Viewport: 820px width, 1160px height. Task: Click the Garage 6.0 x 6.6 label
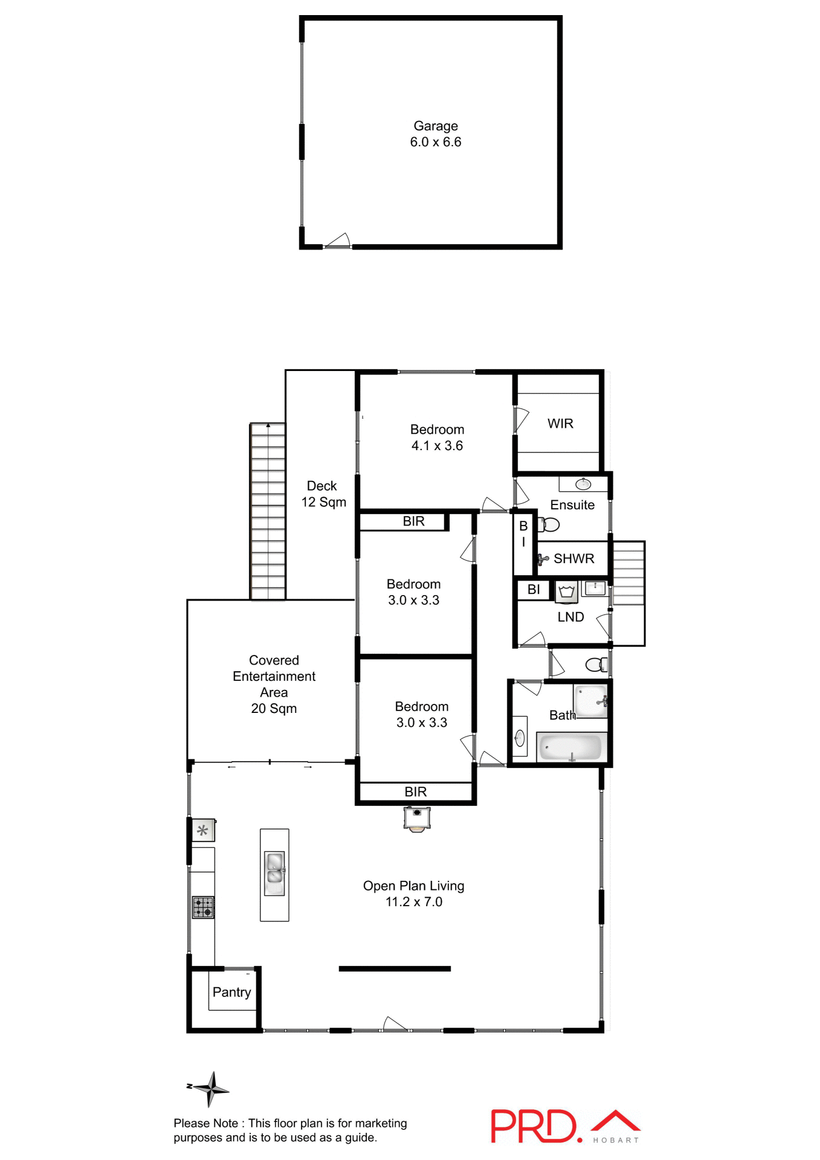click(435, 134)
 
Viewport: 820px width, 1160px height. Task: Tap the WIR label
click(560, 424)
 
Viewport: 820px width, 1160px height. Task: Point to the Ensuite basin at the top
click(583, 484)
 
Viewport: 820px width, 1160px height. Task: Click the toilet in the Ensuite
click(549, 524)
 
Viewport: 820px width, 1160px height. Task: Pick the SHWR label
click(573, 559)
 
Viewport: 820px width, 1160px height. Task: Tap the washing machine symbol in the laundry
click(566, 591)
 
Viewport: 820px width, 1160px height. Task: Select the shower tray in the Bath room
click(590, 701)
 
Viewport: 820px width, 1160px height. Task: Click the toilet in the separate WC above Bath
click(597, 665)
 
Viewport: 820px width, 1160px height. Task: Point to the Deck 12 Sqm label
click(323, 494)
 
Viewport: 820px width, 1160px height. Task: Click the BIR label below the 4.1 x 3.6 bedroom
click(413, 521)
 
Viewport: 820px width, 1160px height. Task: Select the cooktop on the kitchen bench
click(203, 907)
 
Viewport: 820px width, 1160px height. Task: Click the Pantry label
click(231, 992)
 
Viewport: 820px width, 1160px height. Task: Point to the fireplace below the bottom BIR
click(417, 819)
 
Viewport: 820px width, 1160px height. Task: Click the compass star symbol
click(210, 1089)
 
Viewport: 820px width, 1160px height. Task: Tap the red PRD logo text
click(534, 1126)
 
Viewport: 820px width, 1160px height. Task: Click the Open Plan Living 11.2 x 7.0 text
click(414, 894)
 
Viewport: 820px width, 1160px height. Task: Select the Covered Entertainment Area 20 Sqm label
click(274, 684)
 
